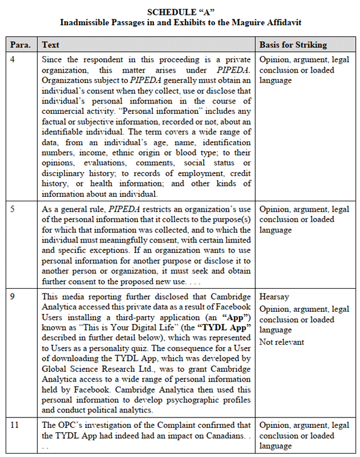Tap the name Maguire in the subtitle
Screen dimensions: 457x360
(x=247, y=22)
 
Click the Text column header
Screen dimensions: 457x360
(x=50, y=45)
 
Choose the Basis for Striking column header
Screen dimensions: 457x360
(x=293, y=45)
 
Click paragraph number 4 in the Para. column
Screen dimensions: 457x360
(x=13, y=59)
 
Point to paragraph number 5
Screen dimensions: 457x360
(x=13, y=209)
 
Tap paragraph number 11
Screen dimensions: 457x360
(x=15, y=425)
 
